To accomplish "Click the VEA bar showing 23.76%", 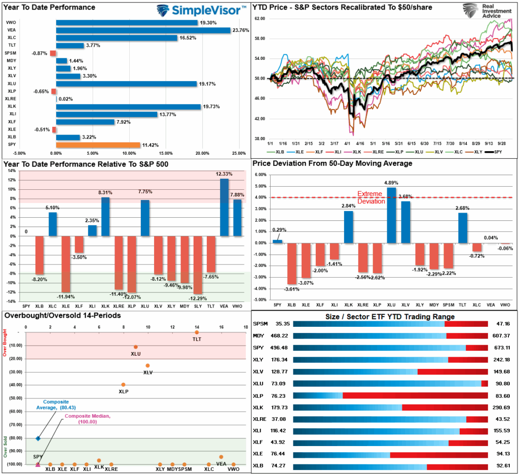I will (x=143, y=30).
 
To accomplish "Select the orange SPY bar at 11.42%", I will (x=98, y=145).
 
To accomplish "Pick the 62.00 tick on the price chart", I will (x=259, y=18).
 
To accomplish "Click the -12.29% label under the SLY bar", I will (x=198, y=297).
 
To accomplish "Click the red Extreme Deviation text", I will (x=372, y=197).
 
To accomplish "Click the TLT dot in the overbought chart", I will (x=197, y=332).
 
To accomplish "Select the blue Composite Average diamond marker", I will (x=38, y=438).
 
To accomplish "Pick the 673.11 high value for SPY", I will (x=501, y=348).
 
